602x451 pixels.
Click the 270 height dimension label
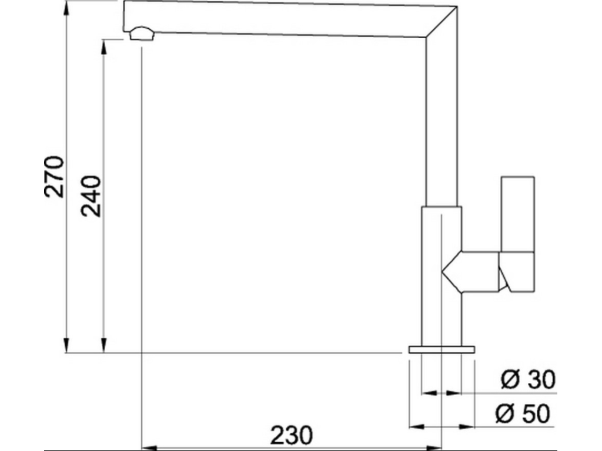pos(54,176)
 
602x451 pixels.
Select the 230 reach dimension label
pos(291,436)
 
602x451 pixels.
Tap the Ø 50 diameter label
pos(523,415)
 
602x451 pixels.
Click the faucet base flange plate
pos(441,349)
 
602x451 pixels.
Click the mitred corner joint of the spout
pos(441,23)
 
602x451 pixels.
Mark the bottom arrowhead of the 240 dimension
pos(104,346)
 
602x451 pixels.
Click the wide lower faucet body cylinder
pos(441,276)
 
